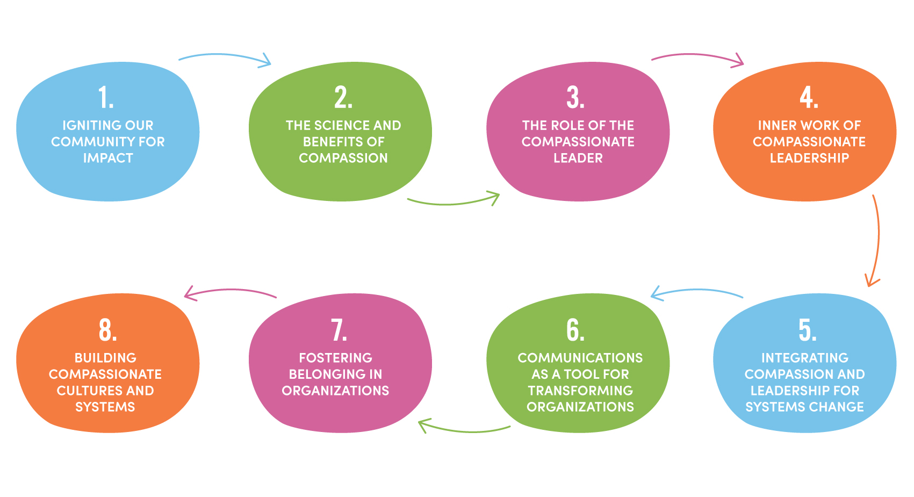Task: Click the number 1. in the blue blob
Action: pos(106,97)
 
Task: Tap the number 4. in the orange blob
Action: pos(809,97)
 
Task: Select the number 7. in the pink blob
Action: pos(339,330)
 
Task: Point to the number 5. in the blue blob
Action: pos(808,330)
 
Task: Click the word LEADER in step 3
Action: pos(578,158)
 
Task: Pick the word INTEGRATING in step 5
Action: pos(804,358)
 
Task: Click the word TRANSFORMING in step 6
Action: pos(580,391)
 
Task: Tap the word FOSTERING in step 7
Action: pos(335,358)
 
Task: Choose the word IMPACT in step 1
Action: pos(108,158)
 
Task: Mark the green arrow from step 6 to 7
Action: pos(465,430)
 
